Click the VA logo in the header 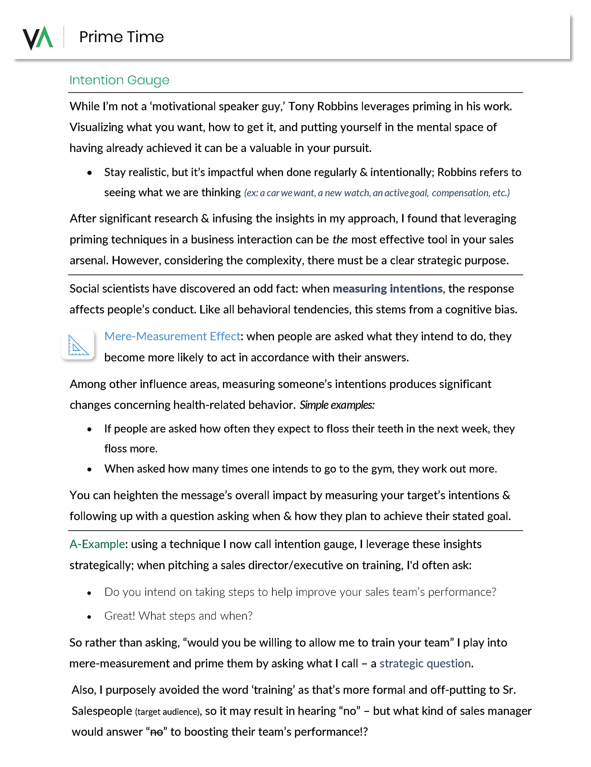click(38, 37)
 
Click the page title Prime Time click(121, 37)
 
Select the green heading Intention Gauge click(119, 80)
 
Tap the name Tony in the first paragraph click(301, 106)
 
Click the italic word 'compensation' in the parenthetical click(460, 193)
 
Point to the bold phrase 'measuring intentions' click(387, 289)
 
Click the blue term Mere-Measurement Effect click(172, 337)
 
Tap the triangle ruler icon click(78, 345)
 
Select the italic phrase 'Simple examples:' click(337, 405)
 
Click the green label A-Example click(97, 544)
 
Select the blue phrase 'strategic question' click(425, 663)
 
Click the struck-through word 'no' click(156, 732)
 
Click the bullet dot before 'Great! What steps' click(89, 617)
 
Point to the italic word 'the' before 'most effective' click(340, 239)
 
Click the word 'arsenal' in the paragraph click(89, 261)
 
